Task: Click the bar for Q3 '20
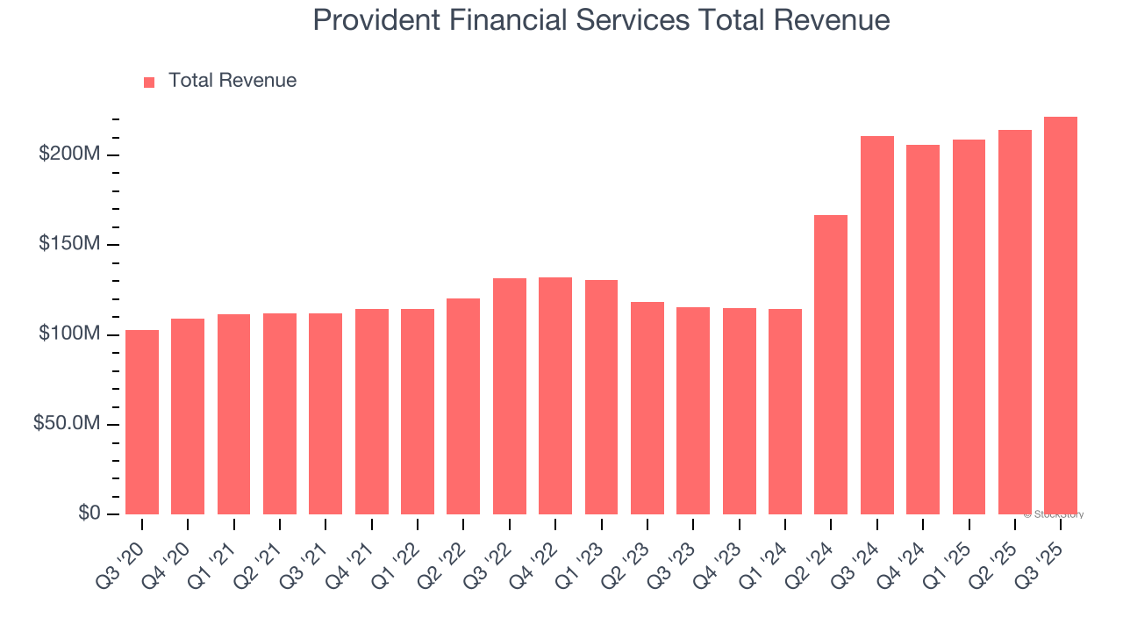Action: pos(142,422)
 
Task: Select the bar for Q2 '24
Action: pos(831,364)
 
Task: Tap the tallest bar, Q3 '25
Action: pos(1061,315)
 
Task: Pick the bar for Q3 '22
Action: pos(510,396)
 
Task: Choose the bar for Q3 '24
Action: pos(877,325)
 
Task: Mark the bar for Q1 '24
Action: pos(785,412)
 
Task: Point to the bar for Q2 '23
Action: pos(647,408)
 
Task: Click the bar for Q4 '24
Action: pos(923,329)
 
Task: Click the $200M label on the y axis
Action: pos(69,154)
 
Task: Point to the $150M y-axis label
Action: pos(69,244)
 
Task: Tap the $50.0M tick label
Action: pos(67,424)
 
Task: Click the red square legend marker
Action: pos(149,82)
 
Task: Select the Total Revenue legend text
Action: pos(232,81)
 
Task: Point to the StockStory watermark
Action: pos(1053,514)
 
